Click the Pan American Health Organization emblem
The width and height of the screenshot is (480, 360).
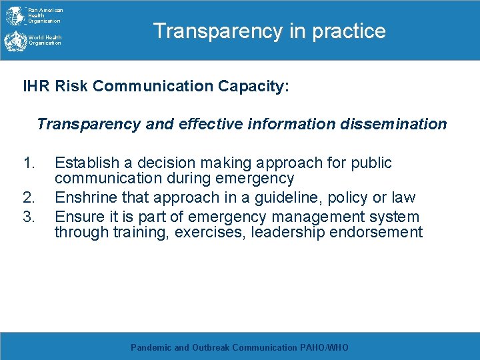point(14,15)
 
